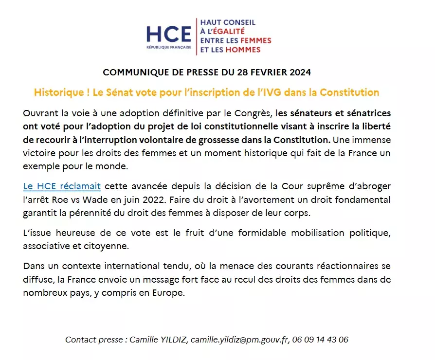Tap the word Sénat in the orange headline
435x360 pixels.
120,92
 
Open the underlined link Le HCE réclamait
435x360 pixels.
62,186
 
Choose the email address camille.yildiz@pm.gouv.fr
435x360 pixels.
238,340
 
